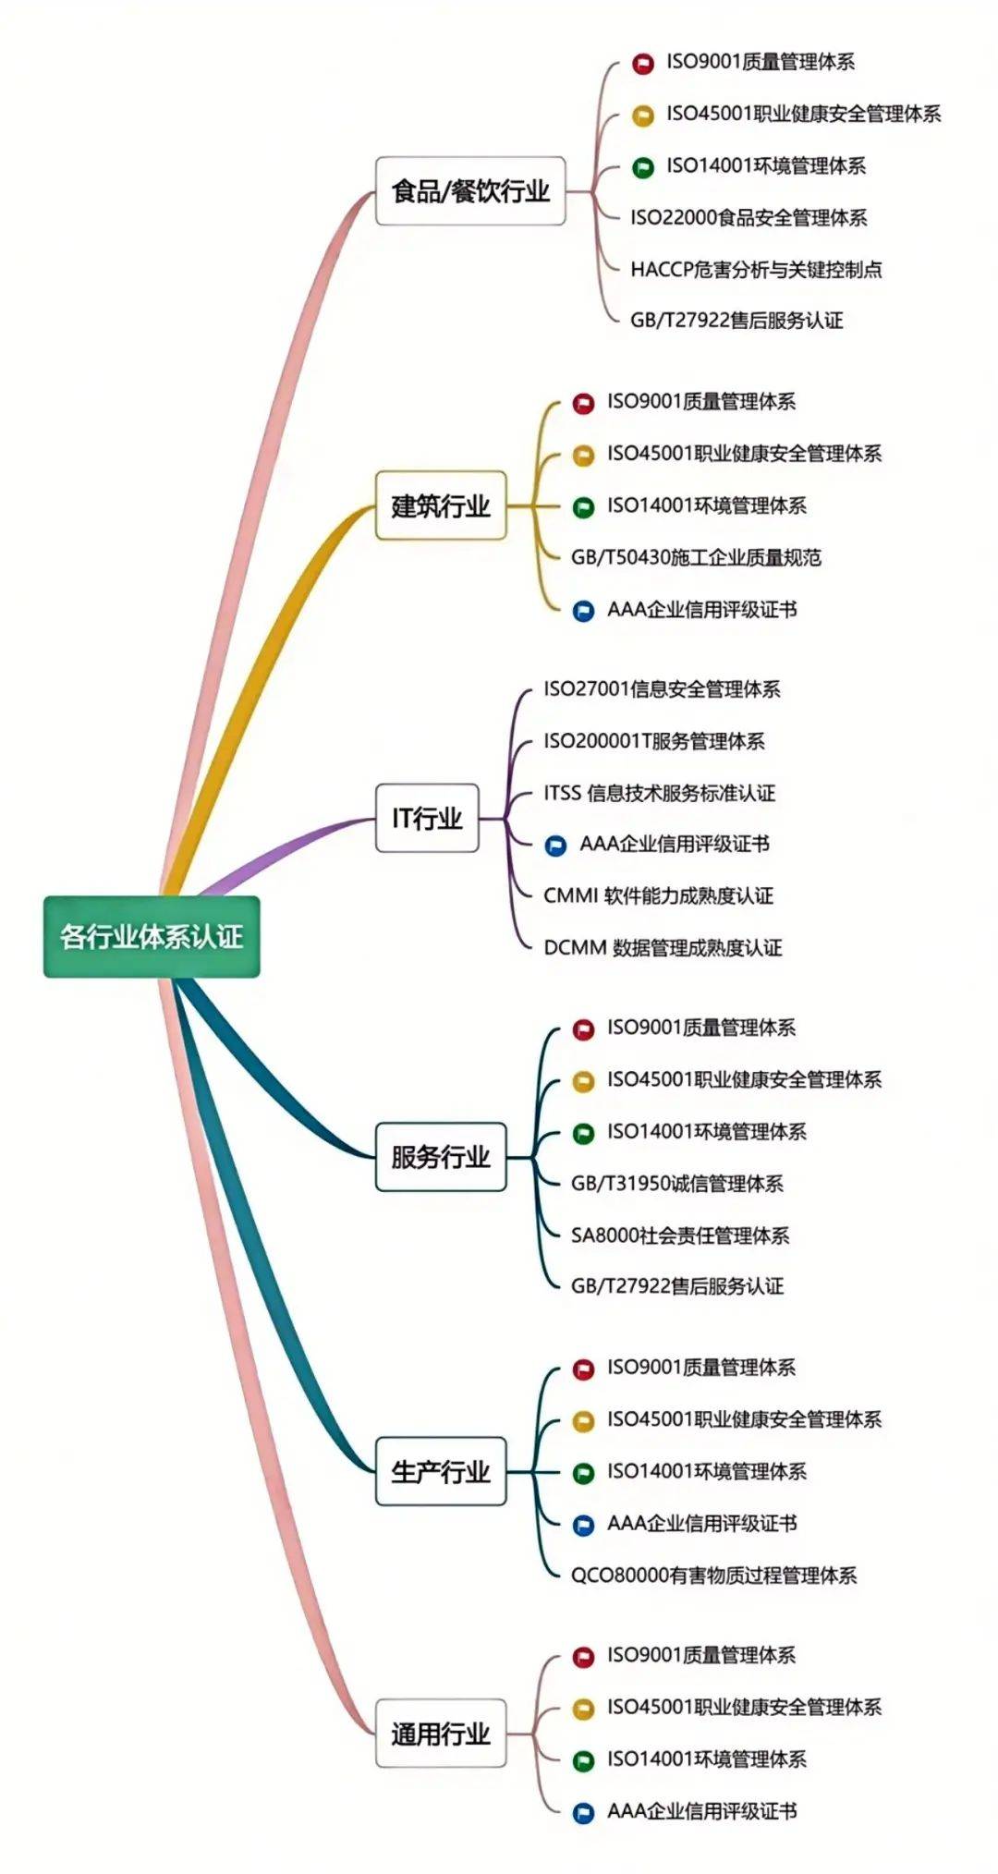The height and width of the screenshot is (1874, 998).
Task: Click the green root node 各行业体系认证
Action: (152, 936)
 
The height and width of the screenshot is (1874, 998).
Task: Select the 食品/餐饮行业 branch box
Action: (470, 191)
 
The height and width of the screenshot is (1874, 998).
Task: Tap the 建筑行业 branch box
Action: (441, 505)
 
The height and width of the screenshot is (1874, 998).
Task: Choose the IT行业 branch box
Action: (427, 818)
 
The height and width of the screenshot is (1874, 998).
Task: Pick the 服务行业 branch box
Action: (441, 1157)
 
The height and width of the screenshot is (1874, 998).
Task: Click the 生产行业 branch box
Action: (441, 1471)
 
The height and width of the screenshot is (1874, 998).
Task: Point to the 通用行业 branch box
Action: (441, 1734)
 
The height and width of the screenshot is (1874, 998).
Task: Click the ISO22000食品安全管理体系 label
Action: (748, 218)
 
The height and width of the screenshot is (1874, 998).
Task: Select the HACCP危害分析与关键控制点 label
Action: (756, 270)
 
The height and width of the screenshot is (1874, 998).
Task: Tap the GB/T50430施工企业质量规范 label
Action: (696, 557)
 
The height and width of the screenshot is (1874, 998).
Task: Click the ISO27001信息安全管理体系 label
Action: (662, 689)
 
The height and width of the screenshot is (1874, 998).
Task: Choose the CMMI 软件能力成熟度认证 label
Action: (659, 895)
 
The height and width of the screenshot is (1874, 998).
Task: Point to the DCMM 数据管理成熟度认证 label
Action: (663, 948)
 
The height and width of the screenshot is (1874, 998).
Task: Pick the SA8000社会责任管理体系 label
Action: (680, 1235)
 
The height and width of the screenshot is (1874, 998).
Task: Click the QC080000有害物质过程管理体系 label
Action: (713, 1575)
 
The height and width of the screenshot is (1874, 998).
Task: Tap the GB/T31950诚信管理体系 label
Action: (677, 1184)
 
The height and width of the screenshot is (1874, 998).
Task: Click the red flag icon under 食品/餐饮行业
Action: (643, 64)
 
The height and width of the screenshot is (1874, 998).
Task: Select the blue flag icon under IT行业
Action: (555, 845)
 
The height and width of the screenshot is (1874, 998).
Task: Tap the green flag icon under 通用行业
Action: (583, 1760)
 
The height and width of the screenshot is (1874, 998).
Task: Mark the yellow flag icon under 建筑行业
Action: (583, 455)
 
